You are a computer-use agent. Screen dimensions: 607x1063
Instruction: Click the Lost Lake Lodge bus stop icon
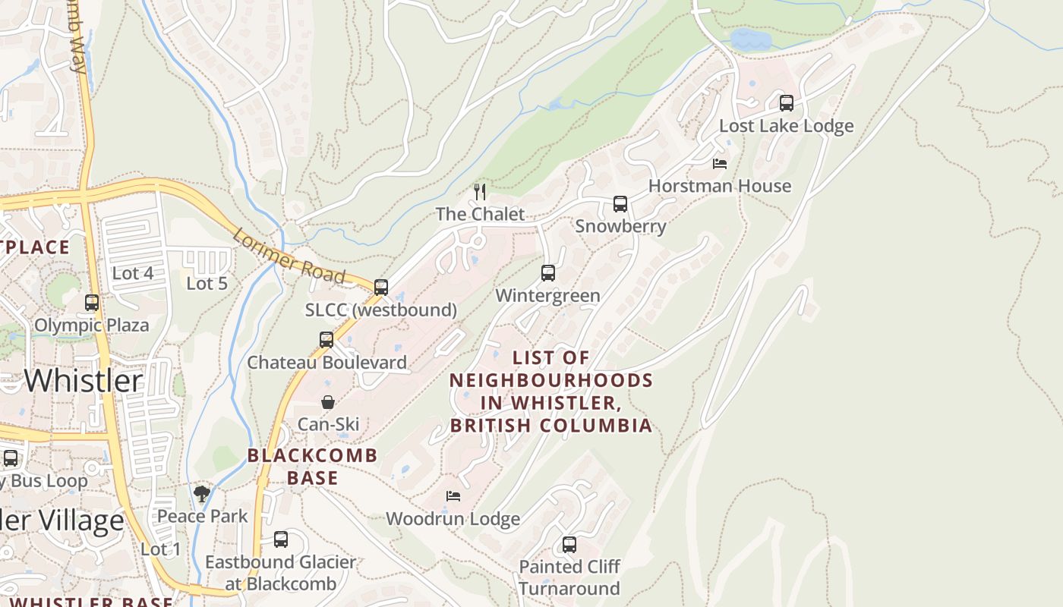pyautogui.click(x=787, y=102)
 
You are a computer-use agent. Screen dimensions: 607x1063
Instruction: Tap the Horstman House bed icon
pyautogui.click(x=720, y=163)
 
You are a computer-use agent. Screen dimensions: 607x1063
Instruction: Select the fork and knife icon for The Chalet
pyautogui.click(x=479, y=191)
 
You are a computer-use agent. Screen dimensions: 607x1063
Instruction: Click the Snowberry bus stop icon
pyautogui.click(x=620, y=203)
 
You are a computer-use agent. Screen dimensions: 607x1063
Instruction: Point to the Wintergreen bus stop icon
pyautogui.click(x=548, y=273)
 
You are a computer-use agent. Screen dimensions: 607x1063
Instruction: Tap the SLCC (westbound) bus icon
pyautogui.click(x=381, y=287)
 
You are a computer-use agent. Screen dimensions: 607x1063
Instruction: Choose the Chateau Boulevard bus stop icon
pyautogui.click(x=326, y=339)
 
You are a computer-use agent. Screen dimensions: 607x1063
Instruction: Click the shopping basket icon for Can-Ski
pyautogui.click(x=328, y=402)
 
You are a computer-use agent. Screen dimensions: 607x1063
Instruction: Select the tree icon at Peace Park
pyautogui.click(x=201, y=494)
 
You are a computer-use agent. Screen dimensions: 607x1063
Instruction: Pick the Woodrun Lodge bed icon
pyautogui.click(x=453, y=496)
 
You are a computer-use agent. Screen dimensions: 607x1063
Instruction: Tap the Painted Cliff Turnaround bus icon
pyautogui.click(x=569, y=544)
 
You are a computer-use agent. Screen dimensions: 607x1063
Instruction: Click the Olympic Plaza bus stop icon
pyautogui.click(x=92, y=302)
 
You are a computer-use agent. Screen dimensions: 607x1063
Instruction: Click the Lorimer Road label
pyautogui.click(x=289, y=256)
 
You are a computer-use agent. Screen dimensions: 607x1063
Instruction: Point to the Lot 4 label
pyautogui.click(x=133, y=273)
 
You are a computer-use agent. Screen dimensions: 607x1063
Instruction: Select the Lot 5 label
pyautogui.click(x=207, y=283)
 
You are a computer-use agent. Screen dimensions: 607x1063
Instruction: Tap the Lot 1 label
pyautogui.click(x=161, y=549)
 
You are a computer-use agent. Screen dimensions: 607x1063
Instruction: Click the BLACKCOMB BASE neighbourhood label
pyautogui.click(x=313, y=466)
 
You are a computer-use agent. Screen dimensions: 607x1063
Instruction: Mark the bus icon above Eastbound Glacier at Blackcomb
pyautogui.click(x=281, y=539)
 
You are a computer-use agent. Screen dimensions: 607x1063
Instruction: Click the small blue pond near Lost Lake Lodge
pyautogui.click(x=750, y=39)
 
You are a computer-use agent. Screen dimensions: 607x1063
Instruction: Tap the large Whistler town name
pyautogui.click(x=84, y=380)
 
